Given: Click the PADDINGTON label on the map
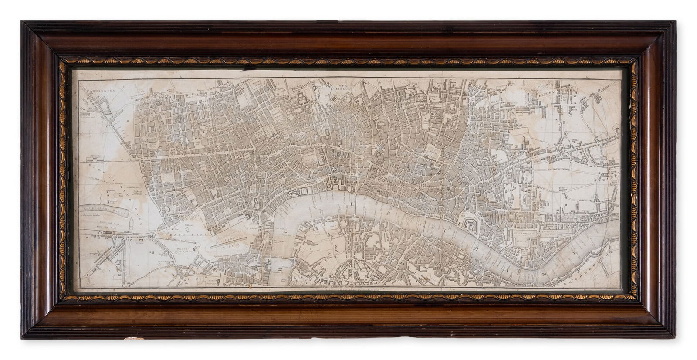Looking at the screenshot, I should [101, 92].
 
